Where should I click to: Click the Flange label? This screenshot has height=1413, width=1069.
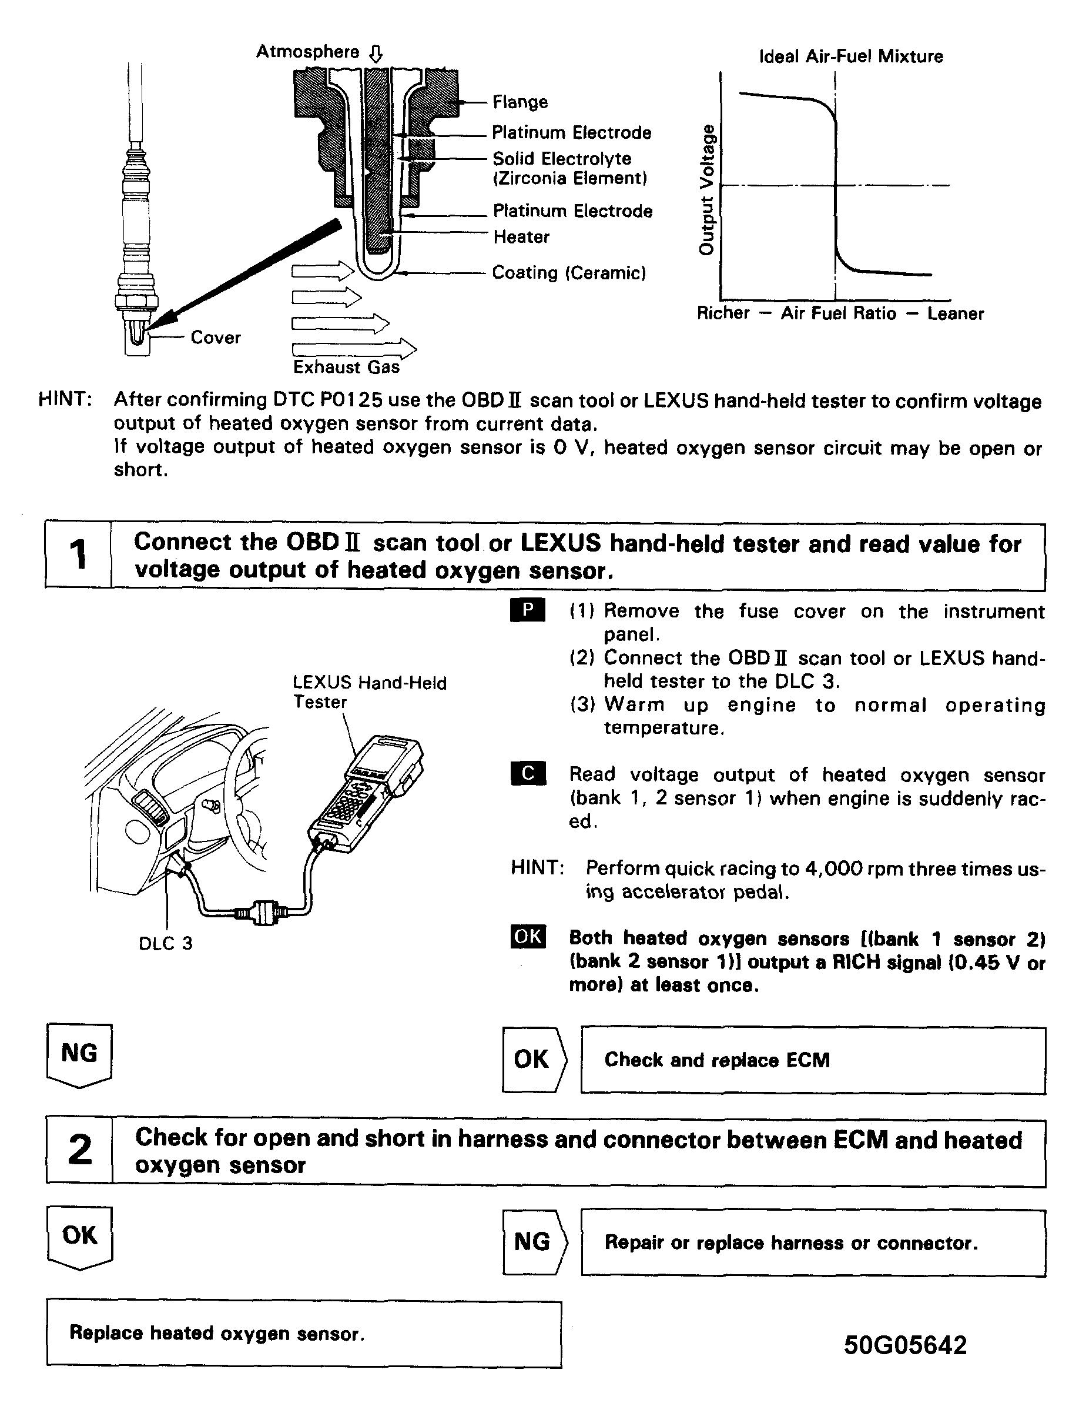pos(520,102)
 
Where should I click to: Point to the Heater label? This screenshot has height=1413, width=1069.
pos(521,237)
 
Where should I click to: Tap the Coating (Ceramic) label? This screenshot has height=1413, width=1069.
pos(568,273)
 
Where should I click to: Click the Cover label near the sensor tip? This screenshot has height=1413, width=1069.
pos(215,338)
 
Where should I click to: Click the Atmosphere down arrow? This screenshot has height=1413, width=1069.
pos(376,54)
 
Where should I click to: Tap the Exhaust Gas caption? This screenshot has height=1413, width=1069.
pos(346,368)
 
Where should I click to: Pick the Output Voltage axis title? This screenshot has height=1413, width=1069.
pos(707,190)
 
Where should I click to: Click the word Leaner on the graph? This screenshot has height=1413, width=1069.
pos(956,313)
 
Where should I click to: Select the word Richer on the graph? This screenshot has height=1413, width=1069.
pos(723,313)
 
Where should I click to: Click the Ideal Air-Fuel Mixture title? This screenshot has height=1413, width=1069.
pos(850,57)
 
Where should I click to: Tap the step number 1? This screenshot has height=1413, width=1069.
pos(78,554)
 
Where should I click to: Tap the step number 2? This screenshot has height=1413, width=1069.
pos(80,1151)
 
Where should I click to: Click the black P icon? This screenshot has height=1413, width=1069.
pos(528,610)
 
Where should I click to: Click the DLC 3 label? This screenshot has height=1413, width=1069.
pos(165,944)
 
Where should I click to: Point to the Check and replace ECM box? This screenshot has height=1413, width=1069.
pos(812,1060)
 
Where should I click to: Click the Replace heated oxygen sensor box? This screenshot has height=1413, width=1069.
pos(303,1334)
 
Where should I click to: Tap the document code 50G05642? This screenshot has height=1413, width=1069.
pos(905,1345)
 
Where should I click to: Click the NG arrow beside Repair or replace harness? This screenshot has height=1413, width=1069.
pos(534,1242)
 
